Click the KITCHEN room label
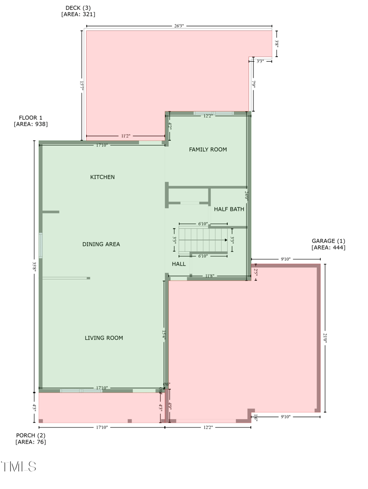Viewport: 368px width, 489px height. pyautogui.click(x=102, y=177)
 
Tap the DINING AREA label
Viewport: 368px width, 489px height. pyautogui.click(x=101, y=244)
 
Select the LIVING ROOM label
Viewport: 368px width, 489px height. pyautogui.click(x=104, y=338)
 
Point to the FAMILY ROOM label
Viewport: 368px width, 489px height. pyautogui.click(x=208, y=150)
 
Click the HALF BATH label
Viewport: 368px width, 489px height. pyautogui.click(x=229, y=209)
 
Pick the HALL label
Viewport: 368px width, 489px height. pyautogui.click(x=179, y=264)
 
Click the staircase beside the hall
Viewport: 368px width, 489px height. pyautogui.click(x=202, y=240)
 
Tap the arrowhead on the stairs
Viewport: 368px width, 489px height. pyautogui.click(x=226, y=240)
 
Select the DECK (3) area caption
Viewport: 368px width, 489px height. pyautogui.click(x=78, y=11)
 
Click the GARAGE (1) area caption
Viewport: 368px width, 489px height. pyautogui.click(x=328, y=244)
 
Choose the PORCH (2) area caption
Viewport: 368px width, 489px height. pyautogui.click(x=31, y=439)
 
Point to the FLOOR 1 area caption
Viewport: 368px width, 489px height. pyautogui.click(x=31, y=121)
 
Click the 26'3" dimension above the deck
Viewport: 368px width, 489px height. pyautogui.click(x=179, y=26)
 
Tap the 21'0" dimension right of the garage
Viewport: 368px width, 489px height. pyautogui.click(x=325, y=338)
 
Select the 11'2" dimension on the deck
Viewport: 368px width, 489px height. pyautogui.click(x=126, y=136)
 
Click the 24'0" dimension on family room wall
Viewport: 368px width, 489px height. pyautogui.click(x=247, y=196)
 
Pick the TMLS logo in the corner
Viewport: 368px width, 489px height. pyautogui.click(x=18, y=466)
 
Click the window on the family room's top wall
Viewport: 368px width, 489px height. pyautogui.click(x=213, y=113)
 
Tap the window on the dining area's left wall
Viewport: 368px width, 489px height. pyautogui.click(x=40, y=245)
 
